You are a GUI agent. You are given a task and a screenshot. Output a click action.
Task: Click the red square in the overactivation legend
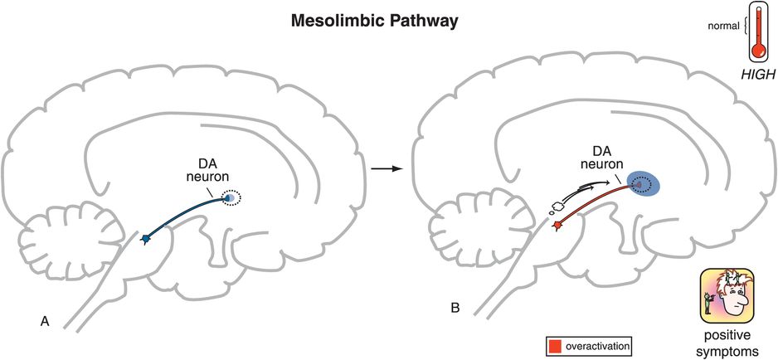554,343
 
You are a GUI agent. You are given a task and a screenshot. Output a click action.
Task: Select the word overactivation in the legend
595,343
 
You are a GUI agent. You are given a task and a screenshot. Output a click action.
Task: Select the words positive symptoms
727,342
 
